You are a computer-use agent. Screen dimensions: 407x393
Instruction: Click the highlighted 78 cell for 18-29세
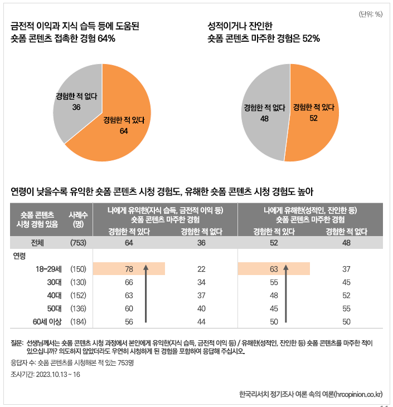(128, 269)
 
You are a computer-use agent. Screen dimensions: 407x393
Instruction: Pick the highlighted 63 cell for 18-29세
(273, 269)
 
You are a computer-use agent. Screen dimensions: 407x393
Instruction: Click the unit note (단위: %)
(371, 14)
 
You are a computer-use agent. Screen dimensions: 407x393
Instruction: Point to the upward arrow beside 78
(145, 292)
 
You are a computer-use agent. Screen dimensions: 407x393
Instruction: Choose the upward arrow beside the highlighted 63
(286, 292)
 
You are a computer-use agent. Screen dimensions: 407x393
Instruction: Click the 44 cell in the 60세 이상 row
(201, 321)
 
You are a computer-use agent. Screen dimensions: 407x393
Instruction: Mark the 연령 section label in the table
(20, 256)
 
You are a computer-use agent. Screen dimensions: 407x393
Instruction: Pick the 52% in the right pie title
(309, 38)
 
